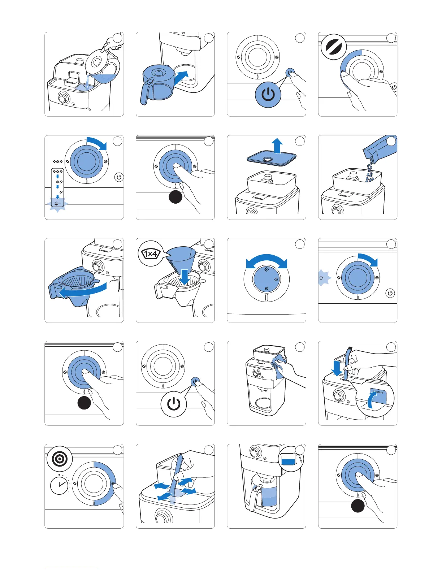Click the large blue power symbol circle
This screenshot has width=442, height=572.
click(268, 95)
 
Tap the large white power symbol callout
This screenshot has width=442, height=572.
click(174, 403)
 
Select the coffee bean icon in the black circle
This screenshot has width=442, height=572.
click(333, 47)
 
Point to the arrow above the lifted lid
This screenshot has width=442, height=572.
click(277, 145)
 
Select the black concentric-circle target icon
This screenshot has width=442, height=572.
click(60, 459)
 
